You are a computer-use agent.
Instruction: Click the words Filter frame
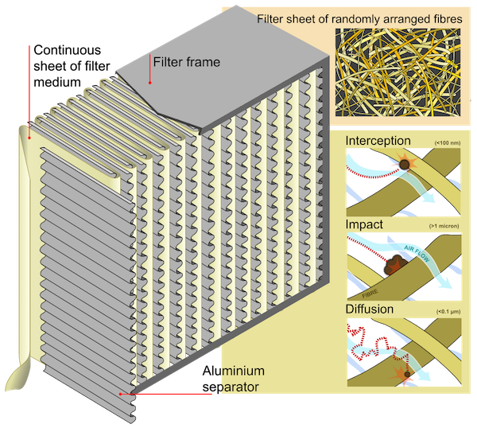pos(186,61)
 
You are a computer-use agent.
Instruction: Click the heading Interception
pos(378,141)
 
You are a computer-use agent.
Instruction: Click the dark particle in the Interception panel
pos(405,165)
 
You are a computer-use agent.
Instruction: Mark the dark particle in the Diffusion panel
pos(407,374)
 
